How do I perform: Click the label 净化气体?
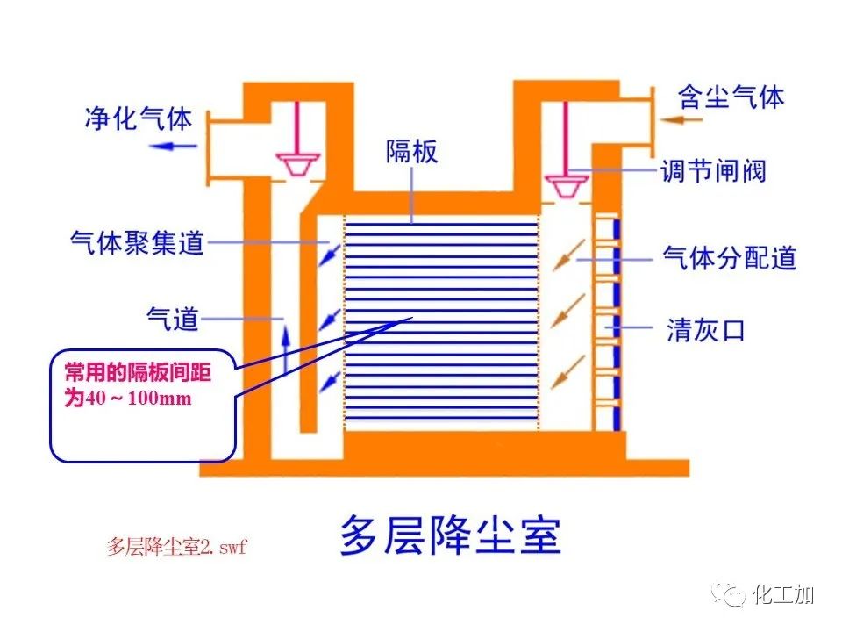tap(138, 118)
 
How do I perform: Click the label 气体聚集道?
tap(137, 242)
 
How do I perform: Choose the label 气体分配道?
tap(729, 259)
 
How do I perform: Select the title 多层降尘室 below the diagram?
tap(450, 535)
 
